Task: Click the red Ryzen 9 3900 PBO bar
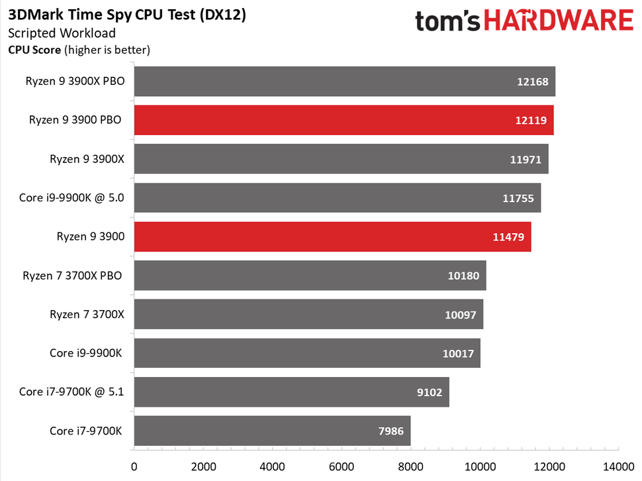point(344,120)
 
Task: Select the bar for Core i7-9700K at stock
point(272,431)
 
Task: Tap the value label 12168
point(532,81)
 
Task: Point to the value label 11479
point(508,237)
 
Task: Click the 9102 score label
point(430,392)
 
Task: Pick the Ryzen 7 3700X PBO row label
point(72,276)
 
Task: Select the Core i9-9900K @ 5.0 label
point(71,198)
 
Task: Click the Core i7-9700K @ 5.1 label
point(71,392)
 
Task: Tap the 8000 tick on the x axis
point(410,466)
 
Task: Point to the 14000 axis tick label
point(618,466)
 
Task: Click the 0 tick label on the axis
point(134,466)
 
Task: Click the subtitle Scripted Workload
point(62,33)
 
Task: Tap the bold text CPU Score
point(34,50)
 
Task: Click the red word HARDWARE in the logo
point(559,21)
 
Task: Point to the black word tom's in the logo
point(447,21)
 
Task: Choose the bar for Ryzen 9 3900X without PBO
point(342,158)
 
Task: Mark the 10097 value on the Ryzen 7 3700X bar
point(461,315)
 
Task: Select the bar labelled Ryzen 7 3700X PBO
point(310,276)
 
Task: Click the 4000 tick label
point(272,466)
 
